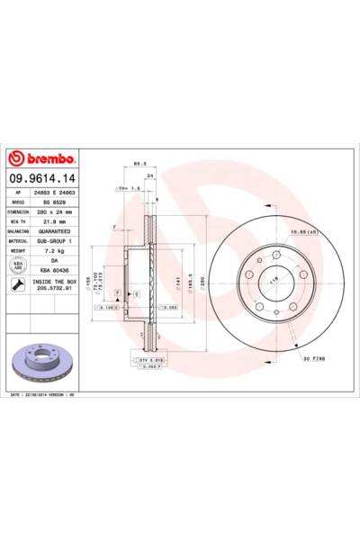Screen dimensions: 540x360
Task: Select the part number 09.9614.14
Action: coord(43,180)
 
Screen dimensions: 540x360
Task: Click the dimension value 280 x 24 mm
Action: coord(55,211)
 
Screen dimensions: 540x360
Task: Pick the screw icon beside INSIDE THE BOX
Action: coord(16,286)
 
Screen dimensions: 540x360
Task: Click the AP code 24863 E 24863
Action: coord(55,193)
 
